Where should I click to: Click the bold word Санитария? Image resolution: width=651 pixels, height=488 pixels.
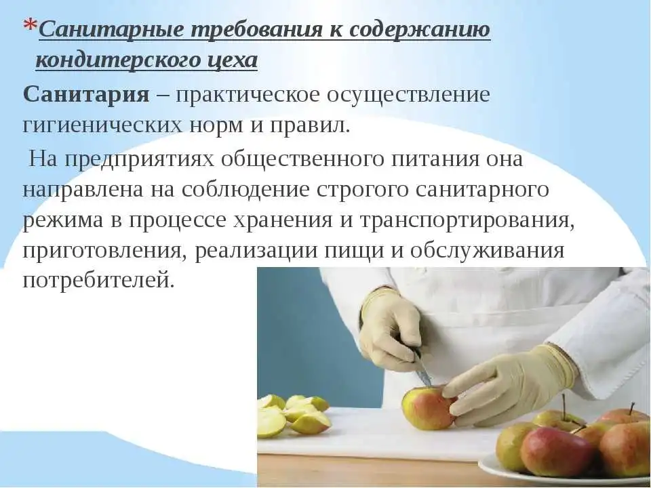click(86, 95)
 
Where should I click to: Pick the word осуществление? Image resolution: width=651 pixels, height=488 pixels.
click(408, 96)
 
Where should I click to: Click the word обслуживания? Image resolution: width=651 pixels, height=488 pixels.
click(488, 251)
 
